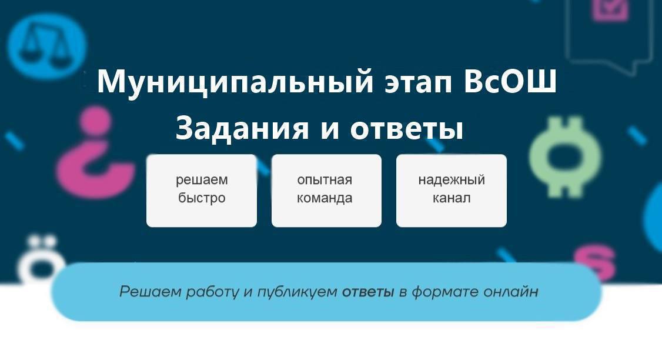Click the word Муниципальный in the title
[235, 82]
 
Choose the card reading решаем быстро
[202, 191]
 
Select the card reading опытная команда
[326, 191]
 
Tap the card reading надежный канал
[452, 191]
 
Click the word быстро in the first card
[202, 198]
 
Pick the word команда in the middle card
[325, 198]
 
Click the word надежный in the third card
[452, 180]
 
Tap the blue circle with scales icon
[47, 45]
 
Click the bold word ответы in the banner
[367, 292]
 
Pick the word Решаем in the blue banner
[151, 292]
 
